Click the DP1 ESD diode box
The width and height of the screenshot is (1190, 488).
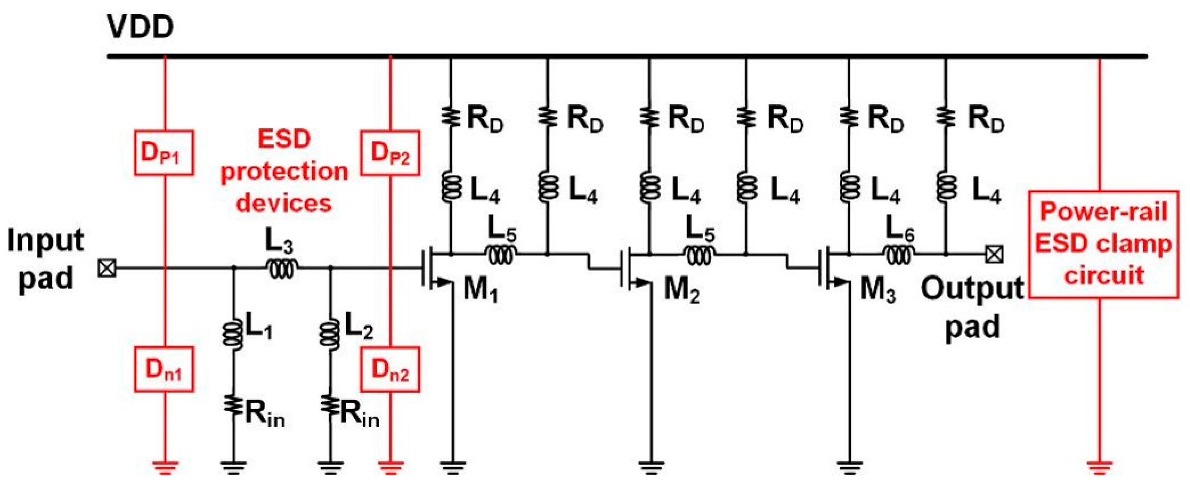point(164,153)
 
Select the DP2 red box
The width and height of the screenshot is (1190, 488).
point(391,153)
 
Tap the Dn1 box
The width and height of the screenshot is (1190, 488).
point(164,370)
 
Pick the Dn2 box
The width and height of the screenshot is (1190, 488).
point(391,370)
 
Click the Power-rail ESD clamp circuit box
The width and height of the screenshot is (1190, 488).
point(1103,244)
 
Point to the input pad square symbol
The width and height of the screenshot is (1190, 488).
point(107,268)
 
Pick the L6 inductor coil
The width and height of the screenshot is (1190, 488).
point(899,255)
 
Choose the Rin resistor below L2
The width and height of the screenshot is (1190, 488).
point(330,407)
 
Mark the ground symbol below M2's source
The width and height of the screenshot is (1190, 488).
point(651,467)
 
